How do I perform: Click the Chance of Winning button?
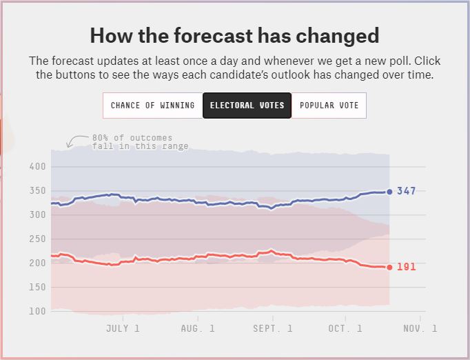point(153,106)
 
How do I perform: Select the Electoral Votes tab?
point(247,106)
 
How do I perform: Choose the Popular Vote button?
point(329,106)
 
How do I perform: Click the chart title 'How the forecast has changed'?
point(235,35)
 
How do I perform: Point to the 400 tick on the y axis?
point(39,167)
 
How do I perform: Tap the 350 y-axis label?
point(39,191)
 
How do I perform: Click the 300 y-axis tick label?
point(39,215)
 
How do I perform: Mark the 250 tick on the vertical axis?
point(39,239)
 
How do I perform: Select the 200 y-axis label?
point(39,263)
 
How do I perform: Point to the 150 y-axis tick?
point(39,288)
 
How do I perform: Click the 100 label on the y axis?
point(39,312)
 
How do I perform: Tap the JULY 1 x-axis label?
point(123,328)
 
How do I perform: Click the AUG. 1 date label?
point(197,328)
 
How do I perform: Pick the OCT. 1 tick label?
point(345,328)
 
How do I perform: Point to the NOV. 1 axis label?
point(419,328)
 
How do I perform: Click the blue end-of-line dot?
point(389,192)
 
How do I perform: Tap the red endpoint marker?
point(389,268)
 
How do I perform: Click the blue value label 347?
point(407,191)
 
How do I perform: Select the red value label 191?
point(407,267)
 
